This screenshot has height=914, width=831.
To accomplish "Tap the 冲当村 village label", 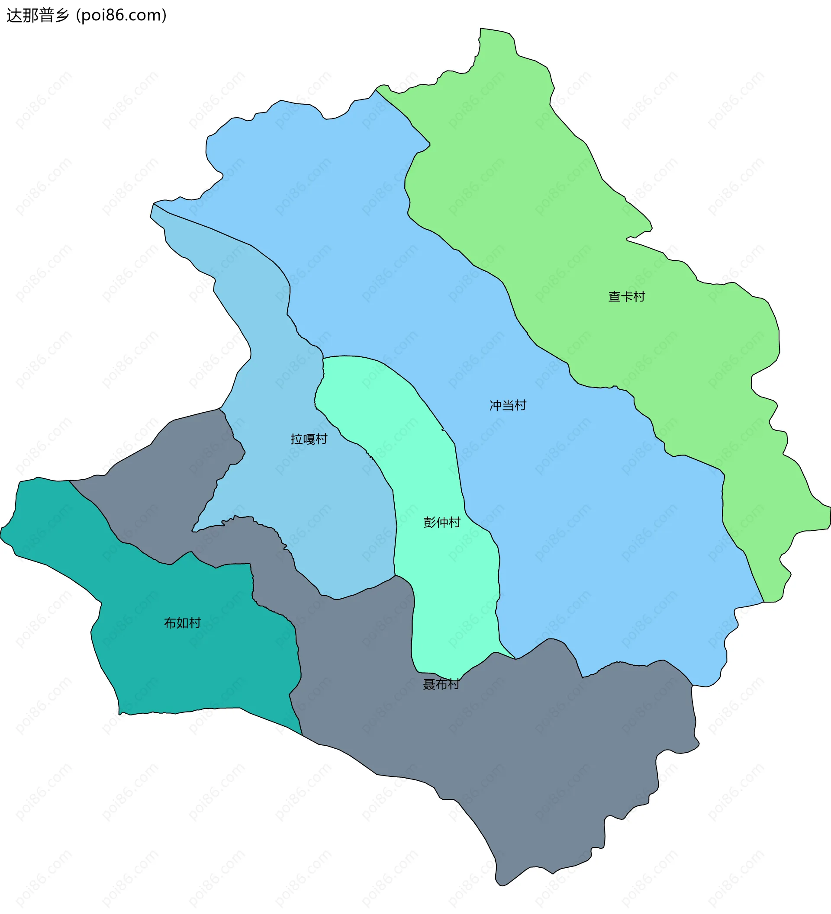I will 508,405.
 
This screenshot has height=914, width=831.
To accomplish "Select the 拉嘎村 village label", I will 309,439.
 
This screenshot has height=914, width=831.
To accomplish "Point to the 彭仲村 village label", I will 442,522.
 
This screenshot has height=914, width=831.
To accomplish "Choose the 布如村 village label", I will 182,623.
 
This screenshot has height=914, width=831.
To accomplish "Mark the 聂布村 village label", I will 441,684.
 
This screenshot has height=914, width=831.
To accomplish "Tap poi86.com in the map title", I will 122,16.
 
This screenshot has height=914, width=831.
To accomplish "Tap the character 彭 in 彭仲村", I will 429,522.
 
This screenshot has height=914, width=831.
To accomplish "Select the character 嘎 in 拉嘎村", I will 309,439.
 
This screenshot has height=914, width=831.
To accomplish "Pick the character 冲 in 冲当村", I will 495,405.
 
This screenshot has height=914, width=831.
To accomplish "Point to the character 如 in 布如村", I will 182,623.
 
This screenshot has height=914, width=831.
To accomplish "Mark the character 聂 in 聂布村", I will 428,684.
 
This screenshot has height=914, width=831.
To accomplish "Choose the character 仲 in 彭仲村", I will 442,522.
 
